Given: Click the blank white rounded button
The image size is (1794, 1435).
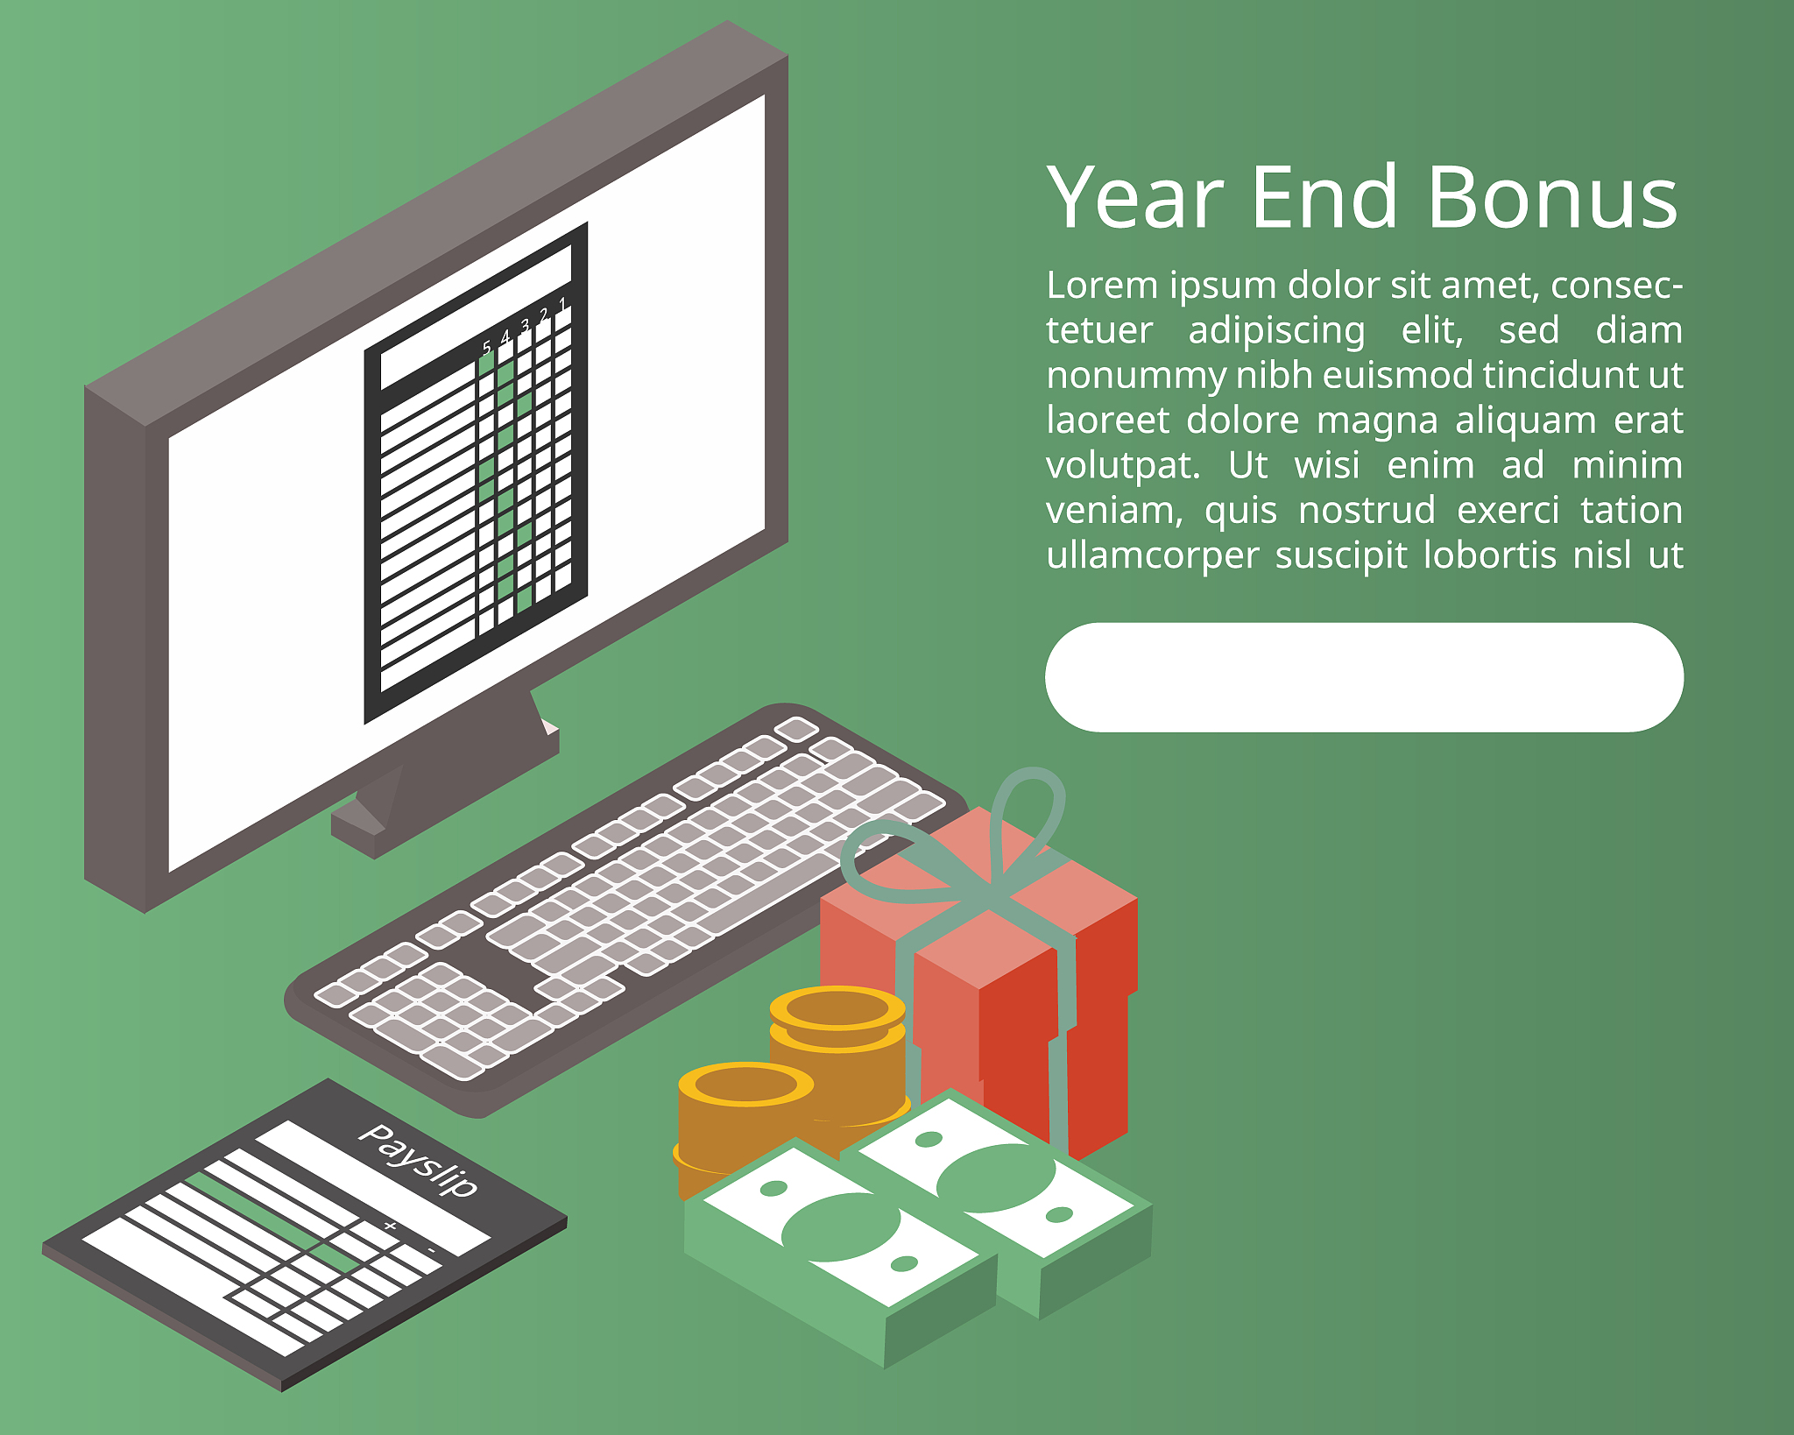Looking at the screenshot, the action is [1364, 677].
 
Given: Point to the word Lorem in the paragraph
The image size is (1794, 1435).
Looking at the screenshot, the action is [1103, 286].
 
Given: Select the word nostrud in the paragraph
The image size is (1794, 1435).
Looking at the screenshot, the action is [1367, 510].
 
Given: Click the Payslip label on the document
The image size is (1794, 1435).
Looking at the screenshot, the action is [420, 1160].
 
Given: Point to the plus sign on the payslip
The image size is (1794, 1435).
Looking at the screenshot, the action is [390, 1226].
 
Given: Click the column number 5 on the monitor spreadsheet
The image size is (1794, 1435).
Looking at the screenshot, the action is [487, 348].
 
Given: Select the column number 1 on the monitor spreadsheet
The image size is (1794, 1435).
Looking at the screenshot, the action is [562, 304].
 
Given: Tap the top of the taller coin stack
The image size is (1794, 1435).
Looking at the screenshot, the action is [837, 1008].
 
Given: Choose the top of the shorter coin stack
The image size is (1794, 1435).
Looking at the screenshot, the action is [745, 1085].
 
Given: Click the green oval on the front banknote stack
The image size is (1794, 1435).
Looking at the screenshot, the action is [840, 1226].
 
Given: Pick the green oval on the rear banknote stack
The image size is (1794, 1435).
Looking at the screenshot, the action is [996, 1178].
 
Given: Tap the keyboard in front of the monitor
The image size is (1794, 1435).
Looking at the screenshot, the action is [626, 911].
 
